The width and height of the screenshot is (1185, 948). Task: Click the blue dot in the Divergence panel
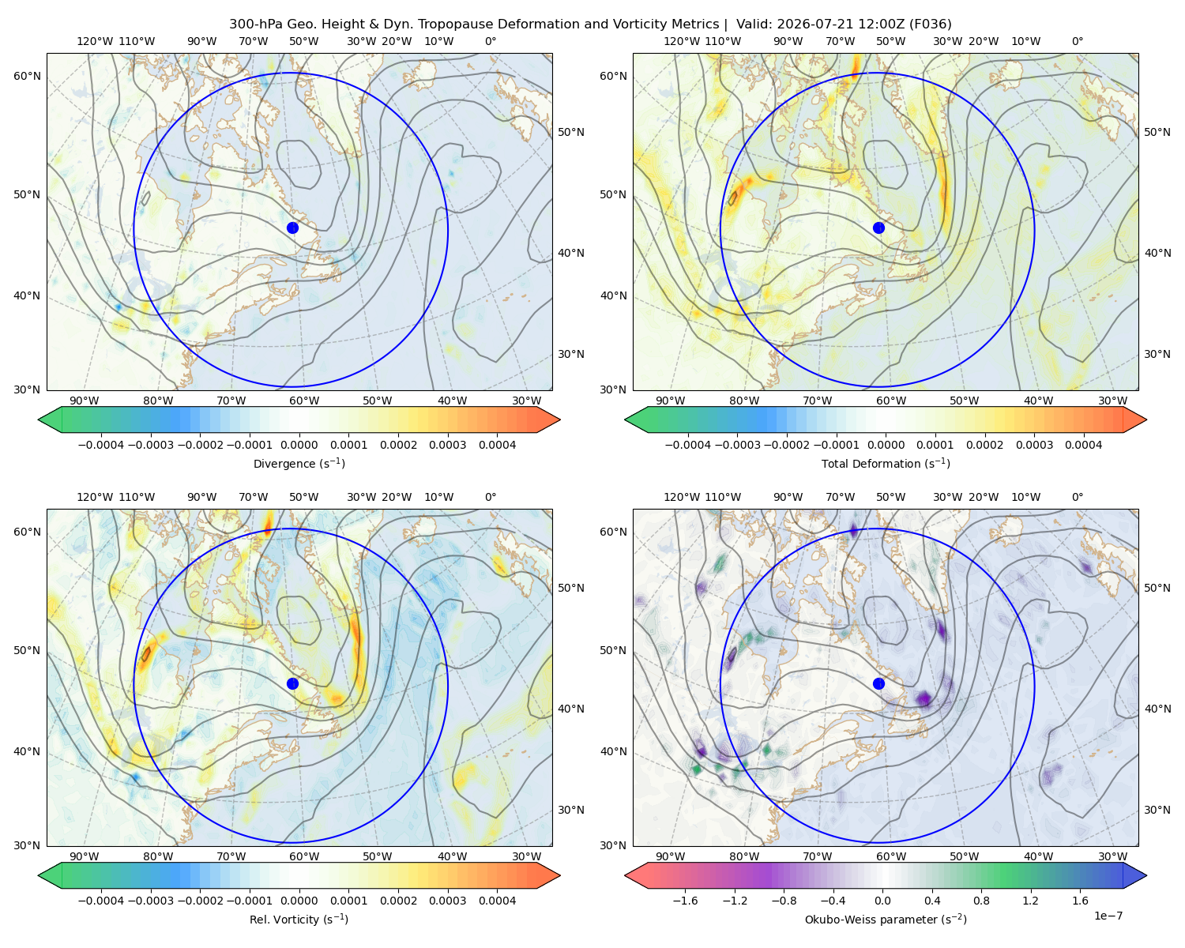292,228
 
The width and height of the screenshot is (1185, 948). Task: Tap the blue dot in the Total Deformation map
878,228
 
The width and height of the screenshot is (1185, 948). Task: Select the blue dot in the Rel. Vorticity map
292,683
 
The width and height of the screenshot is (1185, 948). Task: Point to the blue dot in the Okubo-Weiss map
878,683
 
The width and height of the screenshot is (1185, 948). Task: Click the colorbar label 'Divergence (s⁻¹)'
299,464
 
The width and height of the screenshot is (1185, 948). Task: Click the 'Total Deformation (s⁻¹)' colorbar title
886,464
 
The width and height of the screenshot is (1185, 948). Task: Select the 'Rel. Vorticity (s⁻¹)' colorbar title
299,920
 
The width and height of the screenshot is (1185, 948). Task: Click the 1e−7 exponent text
1108,916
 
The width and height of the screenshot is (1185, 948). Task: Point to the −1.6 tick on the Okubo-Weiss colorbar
685,901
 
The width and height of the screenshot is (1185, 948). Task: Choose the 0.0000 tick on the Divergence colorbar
299,445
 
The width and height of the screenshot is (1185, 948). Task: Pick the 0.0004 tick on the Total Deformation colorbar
1083,445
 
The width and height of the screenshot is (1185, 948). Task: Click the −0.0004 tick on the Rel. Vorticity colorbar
101,901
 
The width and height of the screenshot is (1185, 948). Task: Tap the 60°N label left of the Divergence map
27,76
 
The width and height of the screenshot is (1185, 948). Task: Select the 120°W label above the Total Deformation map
681,41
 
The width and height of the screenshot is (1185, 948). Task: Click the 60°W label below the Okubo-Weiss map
891,856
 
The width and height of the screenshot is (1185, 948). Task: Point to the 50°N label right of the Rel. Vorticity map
571,588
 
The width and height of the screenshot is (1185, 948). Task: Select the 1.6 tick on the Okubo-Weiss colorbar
1080,901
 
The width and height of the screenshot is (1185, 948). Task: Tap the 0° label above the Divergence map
491,41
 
